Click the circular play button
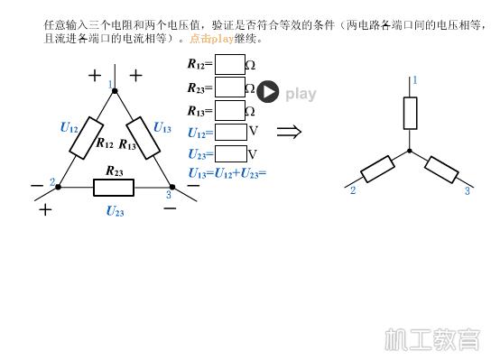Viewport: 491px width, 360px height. coord(268,92)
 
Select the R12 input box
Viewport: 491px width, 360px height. coord(230,64)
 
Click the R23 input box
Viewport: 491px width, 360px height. coord(230,88)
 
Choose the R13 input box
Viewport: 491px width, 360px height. coord(230,110)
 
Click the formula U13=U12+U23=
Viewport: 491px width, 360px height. coord(227,172)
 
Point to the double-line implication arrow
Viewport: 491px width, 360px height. coord(289,132)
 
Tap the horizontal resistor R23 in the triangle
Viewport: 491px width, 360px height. coord(114,187)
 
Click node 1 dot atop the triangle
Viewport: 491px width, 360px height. coord(115,90)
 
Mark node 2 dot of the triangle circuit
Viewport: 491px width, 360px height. coord(59,187)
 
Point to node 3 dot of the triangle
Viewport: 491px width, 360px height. coord(172,187)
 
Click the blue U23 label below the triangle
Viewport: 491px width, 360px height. coord(115,211)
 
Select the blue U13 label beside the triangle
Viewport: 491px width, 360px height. coord(162,127)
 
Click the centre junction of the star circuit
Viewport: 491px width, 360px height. coord(410,151)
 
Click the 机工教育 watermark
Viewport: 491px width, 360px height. coord(432,339)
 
